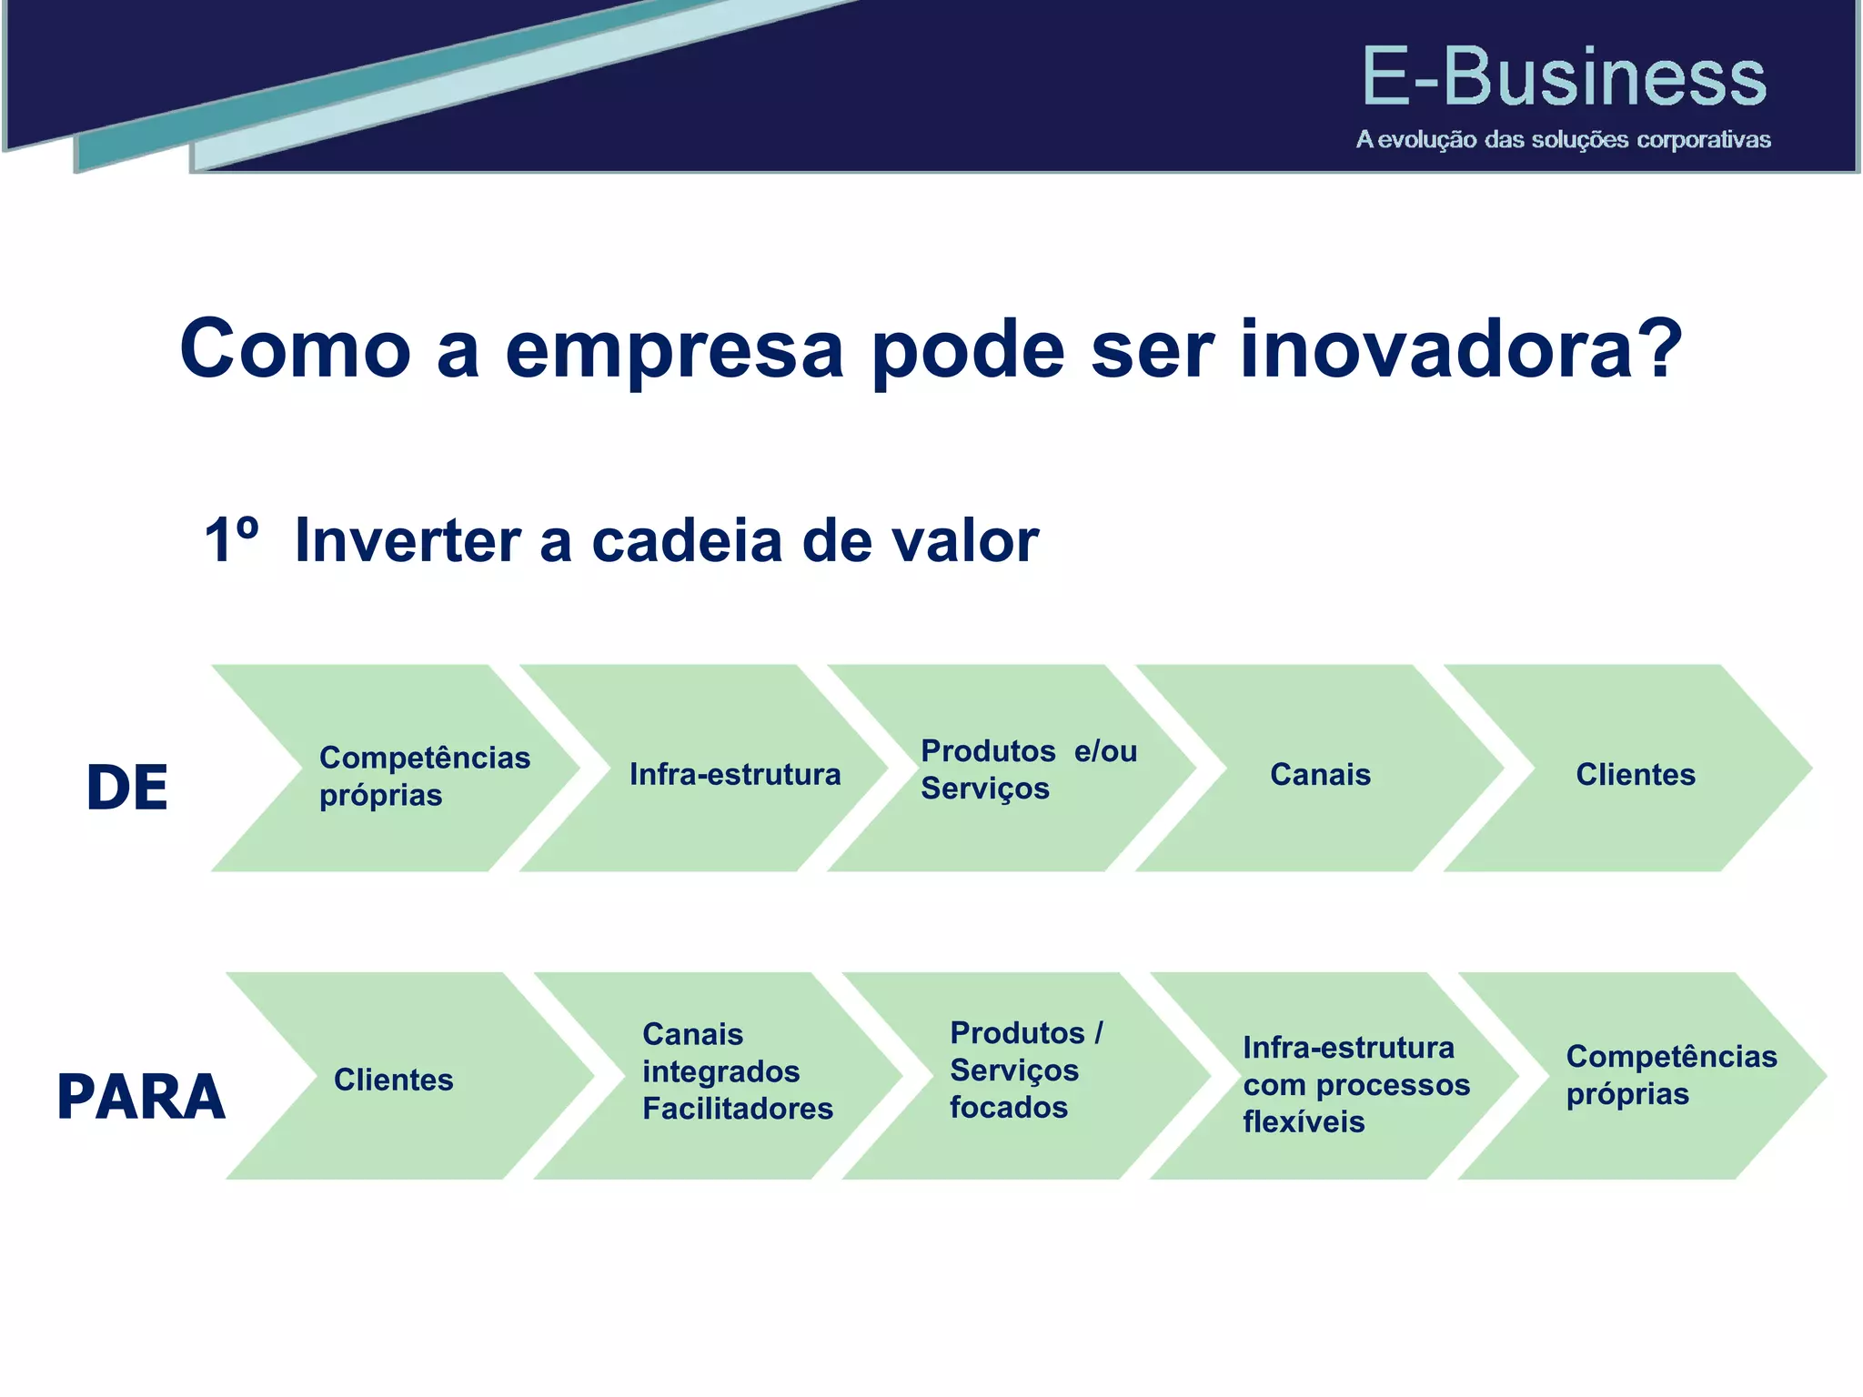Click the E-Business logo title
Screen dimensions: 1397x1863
(x=1563, y=78)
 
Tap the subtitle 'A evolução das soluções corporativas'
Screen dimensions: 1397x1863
(x=1563, y=140)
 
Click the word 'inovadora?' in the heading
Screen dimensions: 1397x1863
(x=1461, y=351)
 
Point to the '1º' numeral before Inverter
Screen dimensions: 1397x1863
(x=231, y=540)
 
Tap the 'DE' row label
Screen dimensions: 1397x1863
(x=126, y=788)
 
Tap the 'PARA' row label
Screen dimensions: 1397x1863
(x=141, y=1097)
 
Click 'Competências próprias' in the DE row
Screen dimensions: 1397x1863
(x=424, y=776)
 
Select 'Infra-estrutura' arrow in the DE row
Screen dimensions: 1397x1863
(x=734, y=775)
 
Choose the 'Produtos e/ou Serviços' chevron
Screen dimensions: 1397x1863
(x=1028, y=769)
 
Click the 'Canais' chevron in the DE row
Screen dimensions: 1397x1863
(x=1319, y=775)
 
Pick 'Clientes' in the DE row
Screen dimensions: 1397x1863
(x=1635, y=775)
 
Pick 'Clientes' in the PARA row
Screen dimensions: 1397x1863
(x=393, y=1080)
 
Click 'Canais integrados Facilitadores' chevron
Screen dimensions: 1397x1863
(x=737, y=1071)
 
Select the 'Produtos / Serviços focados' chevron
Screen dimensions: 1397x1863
(x=1025, y=1070)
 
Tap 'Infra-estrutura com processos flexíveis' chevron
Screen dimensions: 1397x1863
(x=1355, y=1084)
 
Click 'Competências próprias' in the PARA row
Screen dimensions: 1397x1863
(x=1670, y=1075)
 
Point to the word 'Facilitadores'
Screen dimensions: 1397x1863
(x=737, y=1109)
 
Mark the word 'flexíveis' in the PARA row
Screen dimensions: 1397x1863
(x=1303, y=1122)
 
